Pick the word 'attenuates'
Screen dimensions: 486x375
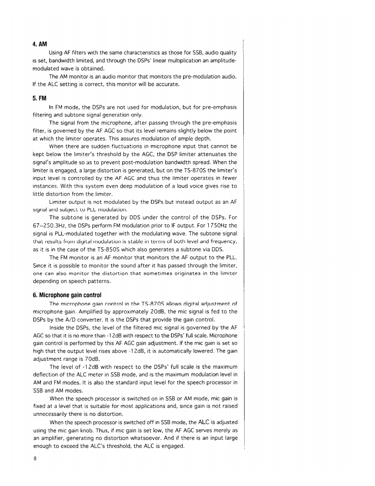(210, 154)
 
